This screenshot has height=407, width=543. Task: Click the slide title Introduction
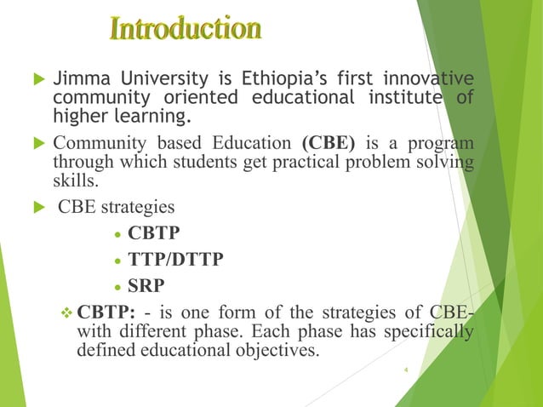186,28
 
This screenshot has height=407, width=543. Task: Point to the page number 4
407,370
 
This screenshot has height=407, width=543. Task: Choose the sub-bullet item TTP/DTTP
174,259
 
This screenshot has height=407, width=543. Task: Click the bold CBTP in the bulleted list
156,232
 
